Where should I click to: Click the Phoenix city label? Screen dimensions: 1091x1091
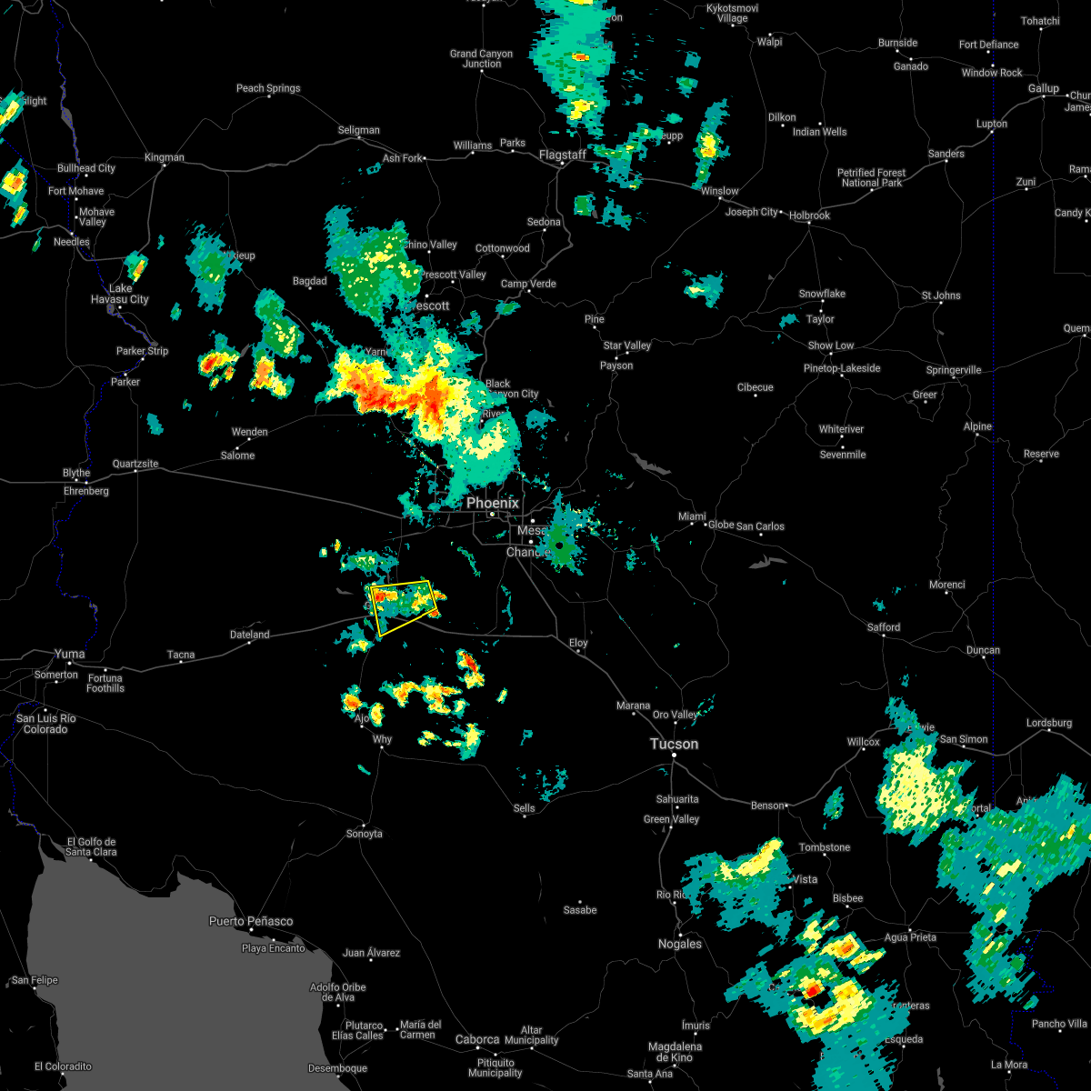[492, 503]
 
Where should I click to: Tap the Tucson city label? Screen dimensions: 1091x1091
[674, 744]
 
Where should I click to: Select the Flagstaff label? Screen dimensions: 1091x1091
[562, 155]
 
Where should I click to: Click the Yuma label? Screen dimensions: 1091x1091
[69, 654]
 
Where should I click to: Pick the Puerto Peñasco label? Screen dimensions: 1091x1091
[251, 921]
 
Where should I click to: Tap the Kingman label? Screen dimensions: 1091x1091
[164, 157]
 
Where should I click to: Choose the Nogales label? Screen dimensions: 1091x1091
[680, 944]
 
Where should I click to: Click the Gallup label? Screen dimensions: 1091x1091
[1044, 88]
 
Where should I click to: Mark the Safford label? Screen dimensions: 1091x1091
[883, 626]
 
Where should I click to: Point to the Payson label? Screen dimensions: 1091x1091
[616, 365]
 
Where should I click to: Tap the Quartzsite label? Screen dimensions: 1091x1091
[135, 464]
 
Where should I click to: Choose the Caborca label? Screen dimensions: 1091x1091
[477, 1039]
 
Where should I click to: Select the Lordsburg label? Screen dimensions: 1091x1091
[1049, 723]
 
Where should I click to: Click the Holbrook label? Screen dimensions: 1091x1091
[809, 215]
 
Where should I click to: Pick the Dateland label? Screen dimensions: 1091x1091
[249, 635]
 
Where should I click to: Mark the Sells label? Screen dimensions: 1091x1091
[525, 808]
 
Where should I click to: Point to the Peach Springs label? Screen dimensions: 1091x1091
[268, 88]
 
